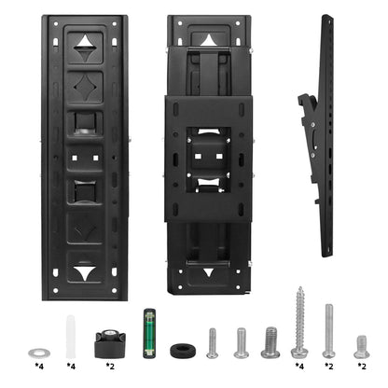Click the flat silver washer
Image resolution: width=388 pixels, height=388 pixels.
coord(38,353)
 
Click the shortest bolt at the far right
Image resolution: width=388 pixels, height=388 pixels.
coord(361,346)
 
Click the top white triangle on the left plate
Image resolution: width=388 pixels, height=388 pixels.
coord(85,42)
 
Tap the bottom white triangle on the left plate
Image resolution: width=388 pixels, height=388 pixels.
coord(85,274)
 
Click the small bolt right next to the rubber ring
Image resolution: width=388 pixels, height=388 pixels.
coord(212,342)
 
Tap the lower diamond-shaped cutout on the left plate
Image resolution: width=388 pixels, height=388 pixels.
coord(85,228)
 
